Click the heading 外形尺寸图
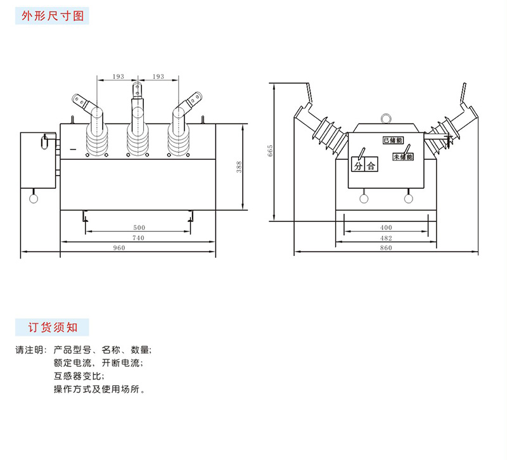coord(53,16)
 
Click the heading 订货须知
coord(53,328)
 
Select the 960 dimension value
coord(119,248)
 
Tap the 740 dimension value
coord(138,238)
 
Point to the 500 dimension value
coord(138,227)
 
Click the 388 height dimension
coord(239,167)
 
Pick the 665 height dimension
coord(269,151)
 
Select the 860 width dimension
coord(386,248)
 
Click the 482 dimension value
coord(386,238)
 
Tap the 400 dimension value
coord(386,227)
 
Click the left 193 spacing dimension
coord(118,77)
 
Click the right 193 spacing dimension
coord(158,77)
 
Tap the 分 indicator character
coord(359,167)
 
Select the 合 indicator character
coord(371,167)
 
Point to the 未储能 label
coord(402,156)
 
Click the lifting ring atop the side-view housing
coord(385,118)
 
